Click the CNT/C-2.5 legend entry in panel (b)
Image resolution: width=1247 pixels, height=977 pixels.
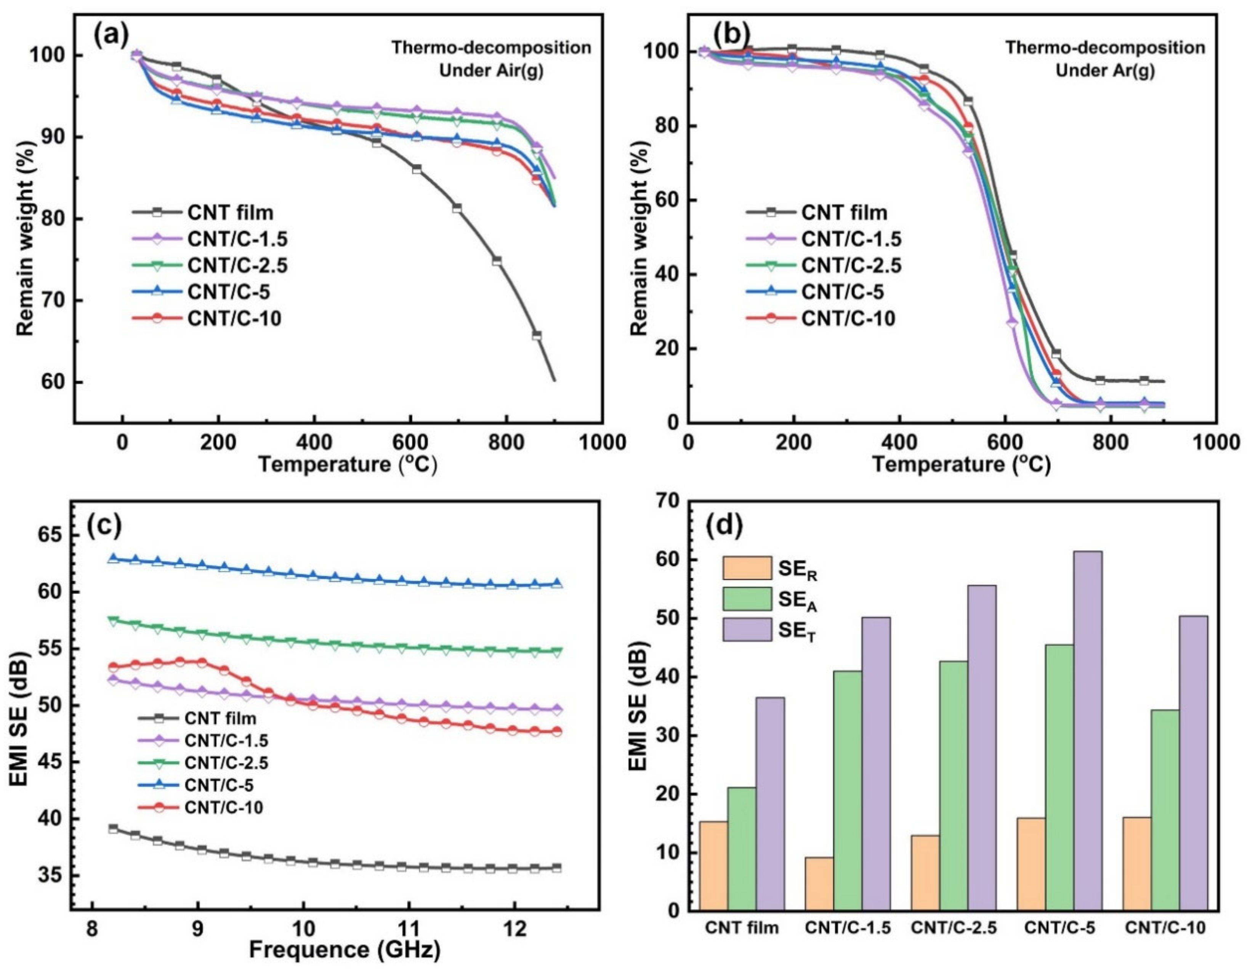(851, 266)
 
